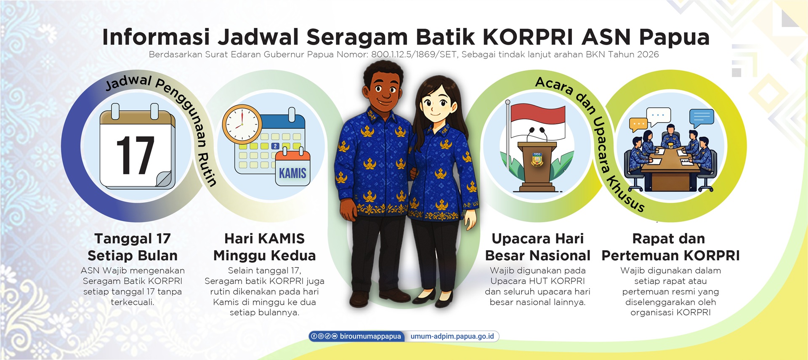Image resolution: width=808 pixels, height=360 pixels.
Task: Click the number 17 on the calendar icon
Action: point(135,155)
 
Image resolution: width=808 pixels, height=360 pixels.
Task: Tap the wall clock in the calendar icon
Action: point(242,125)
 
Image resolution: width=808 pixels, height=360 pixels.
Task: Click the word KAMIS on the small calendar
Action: point(292,173)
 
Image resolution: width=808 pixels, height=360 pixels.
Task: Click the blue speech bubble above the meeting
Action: point(702,117)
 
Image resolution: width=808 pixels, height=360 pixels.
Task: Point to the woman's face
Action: point(436,103)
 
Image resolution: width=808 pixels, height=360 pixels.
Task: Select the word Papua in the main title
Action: point(674,38)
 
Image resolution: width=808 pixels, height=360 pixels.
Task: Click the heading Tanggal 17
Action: point(133,239)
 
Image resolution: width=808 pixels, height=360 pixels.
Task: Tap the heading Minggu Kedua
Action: point(264,256)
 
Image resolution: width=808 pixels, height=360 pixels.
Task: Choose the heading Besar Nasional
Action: point(538,256)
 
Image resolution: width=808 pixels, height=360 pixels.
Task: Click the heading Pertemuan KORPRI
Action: point(670,256)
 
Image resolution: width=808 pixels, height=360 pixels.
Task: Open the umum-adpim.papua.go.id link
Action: point(452,336)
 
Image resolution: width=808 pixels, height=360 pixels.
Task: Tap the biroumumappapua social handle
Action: point(370,336)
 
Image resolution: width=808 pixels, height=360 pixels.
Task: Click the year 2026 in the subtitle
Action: point(647,54)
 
